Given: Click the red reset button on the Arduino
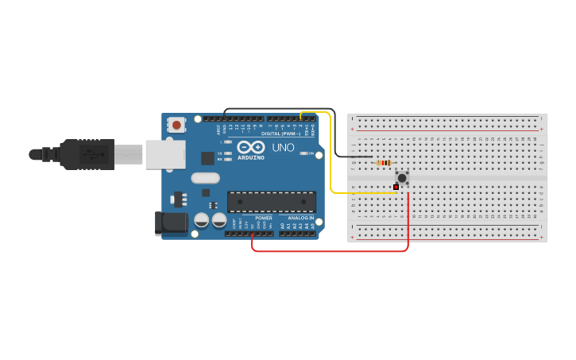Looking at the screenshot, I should [x=176, y=125].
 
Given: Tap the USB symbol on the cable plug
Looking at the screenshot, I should [x=94, y=154].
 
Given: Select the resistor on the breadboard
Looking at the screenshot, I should [x=385, y=163].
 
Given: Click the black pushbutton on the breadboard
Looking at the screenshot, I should [x=402, y=178].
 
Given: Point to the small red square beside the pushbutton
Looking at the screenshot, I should [x=396, y=187].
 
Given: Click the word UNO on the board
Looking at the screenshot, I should [x=283, y=148].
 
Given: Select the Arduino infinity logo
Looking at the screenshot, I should [x=250, y=148].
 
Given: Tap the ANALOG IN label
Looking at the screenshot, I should [x=300, y=218].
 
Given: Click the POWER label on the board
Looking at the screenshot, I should [x=263, y=218].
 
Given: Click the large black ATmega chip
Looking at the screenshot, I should [x=271, y=202].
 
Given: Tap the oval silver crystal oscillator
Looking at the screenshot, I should [x=204, y=179].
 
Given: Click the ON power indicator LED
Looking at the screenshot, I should [x=302, y=153].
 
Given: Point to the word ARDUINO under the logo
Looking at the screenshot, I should [x=249, y=157].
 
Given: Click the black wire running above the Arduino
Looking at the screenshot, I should [x=278, y=109].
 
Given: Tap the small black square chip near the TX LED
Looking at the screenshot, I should [x=207, y=158].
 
